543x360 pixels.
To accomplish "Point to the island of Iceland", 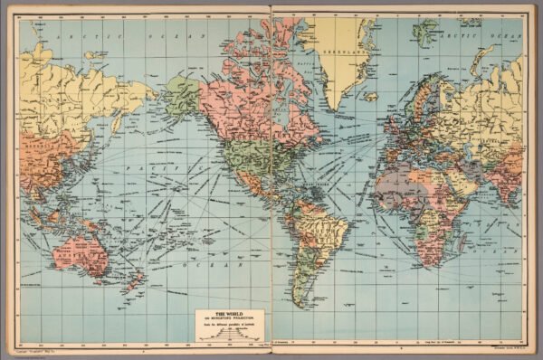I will (371, 95).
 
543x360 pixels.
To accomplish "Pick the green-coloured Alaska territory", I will (182, 93).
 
